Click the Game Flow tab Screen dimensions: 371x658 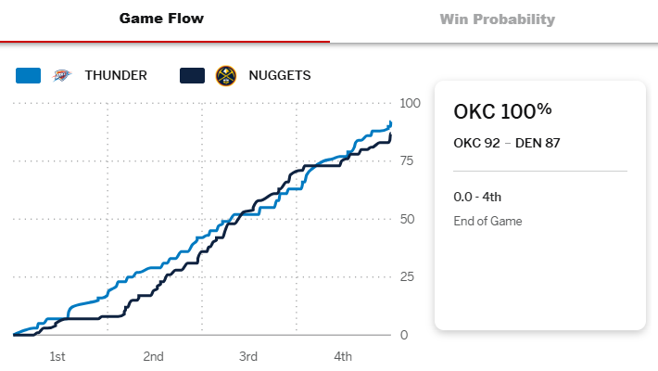(x=161, y=19)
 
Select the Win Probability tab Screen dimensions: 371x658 (x=497, y=19)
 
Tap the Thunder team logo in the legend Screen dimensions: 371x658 (x=62, y=75)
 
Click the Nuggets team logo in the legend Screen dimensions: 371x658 (x=225, y=75)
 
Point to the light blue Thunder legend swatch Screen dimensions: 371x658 (x=29, y=75)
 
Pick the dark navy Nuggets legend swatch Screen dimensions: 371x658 (x=192, y=75)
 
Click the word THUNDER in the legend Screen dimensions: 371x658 (x=116, y=75)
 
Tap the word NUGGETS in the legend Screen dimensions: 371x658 (x=279, y=75)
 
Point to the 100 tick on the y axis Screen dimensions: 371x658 (x=410, y=103)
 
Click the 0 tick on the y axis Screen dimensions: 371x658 (x=403, y=335)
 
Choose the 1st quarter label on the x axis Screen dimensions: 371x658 (x=57, y=356)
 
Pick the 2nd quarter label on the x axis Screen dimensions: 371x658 (x=153, y=356)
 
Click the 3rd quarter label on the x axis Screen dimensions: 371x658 (x=247, y=356)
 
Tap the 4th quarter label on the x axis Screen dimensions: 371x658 (x=343, y=356)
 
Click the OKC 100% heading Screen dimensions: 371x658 (x=502, y=111)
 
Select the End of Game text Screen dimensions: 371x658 (x=487, y=221)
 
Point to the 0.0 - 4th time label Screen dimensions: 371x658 (x=477, y=197)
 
